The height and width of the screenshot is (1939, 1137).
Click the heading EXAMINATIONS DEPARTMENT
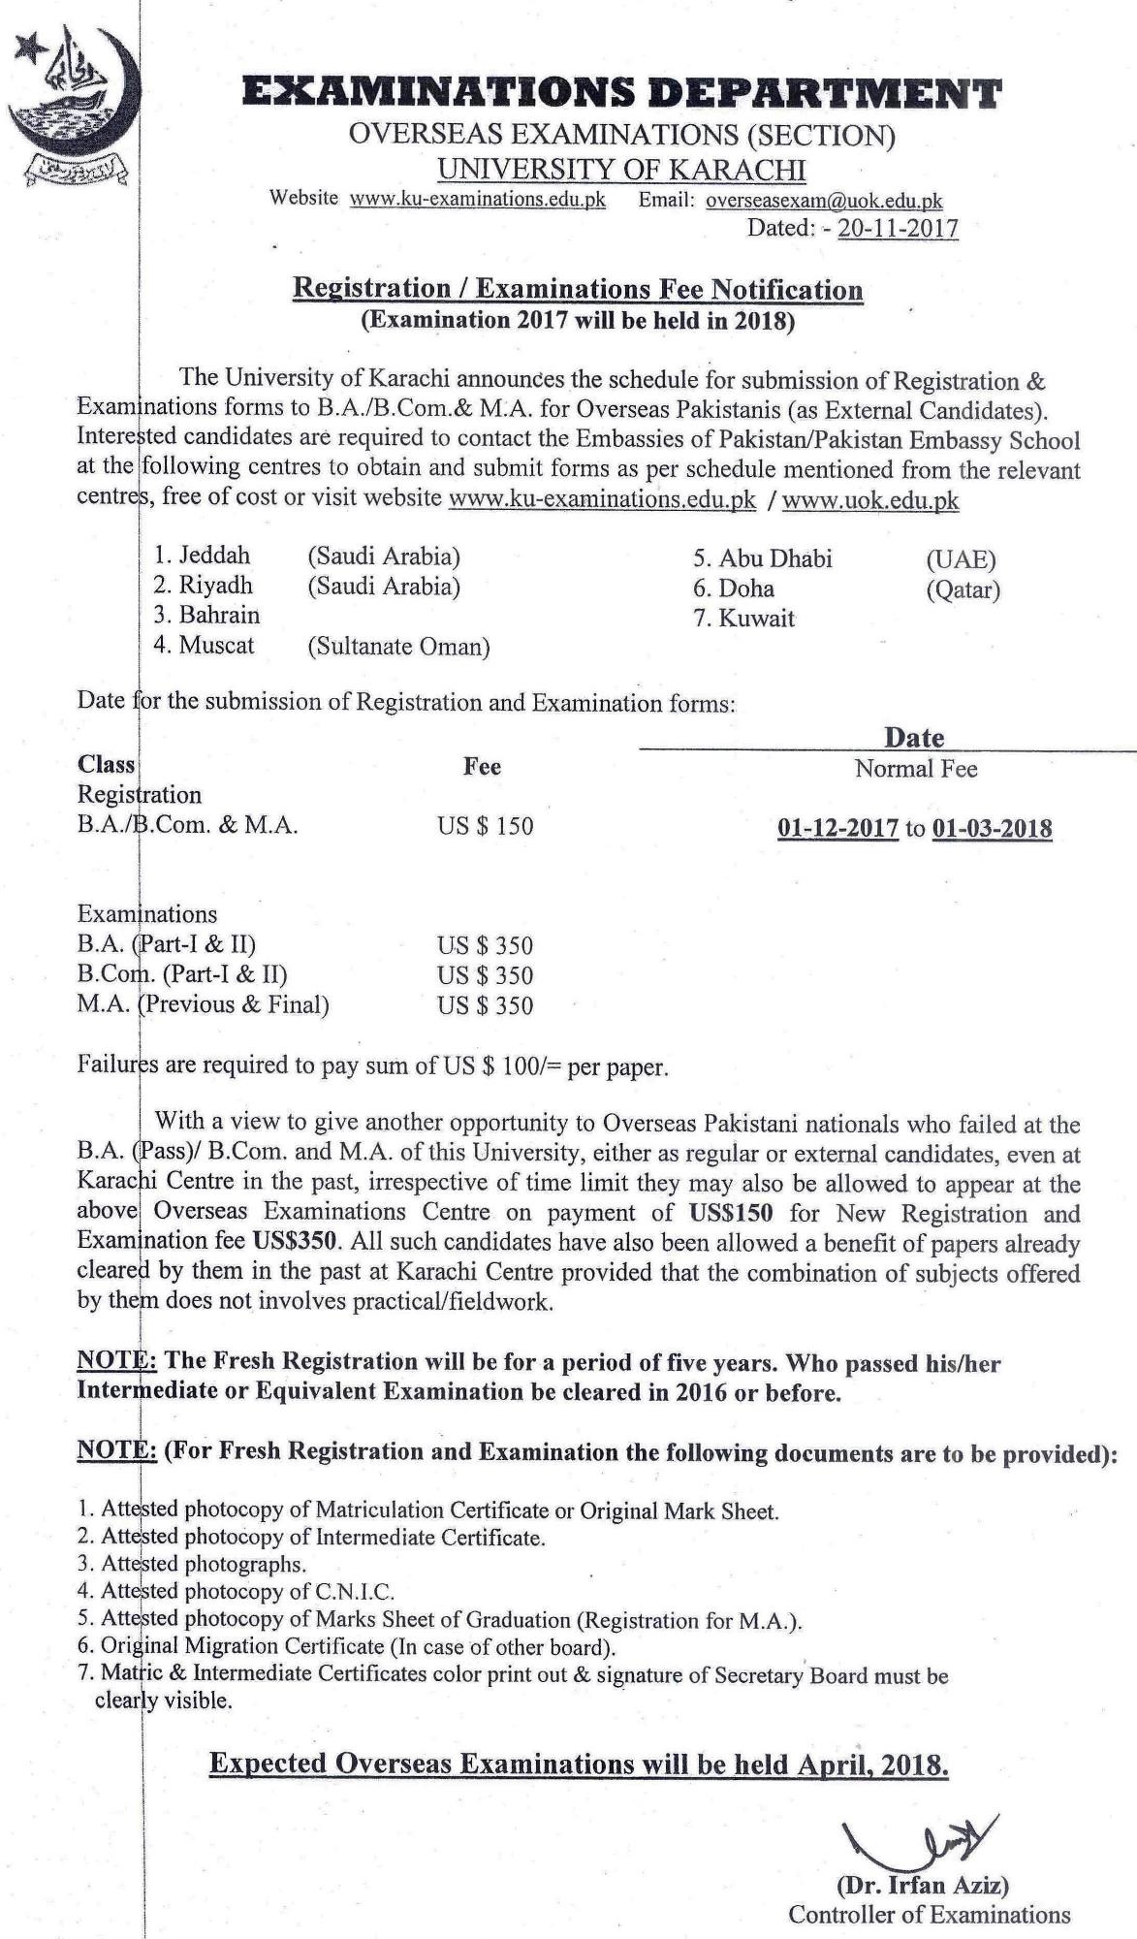click(621, 94)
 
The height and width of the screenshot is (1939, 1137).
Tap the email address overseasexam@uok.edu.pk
click(824, 201)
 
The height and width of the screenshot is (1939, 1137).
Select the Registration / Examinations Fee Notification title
click(578, 289)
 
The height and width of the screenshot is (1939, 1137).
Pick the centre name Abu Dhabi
click(774, 558)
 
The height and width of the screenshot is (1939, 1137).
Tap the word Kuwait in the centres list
click(756, 619)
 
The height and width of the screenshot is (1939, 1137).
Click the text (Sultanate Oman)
click(398, 647)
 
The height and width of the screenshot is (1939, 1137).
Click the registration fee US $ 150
click(485, 826)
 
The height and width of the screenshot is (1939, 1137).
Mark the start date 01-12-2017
click(837, 829)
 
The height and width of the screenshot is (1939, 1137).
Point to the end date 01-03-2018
click(992, 829)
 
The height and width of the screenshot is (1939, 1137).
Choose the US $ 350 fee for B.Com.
click(485, 975)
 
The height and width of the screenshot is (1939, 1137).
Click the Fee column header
click(482, 767)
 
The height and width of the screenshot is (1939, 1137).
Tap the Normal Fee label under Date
click(916, 769)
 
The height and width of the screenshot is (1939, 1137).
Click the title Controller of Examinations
click(929, 1915)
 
